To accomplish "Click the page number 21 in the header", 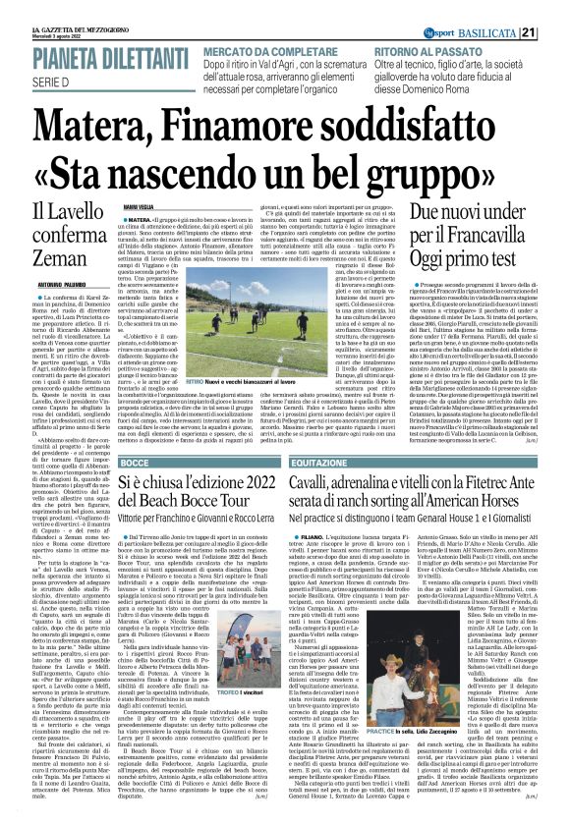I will tap(556, 8).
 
